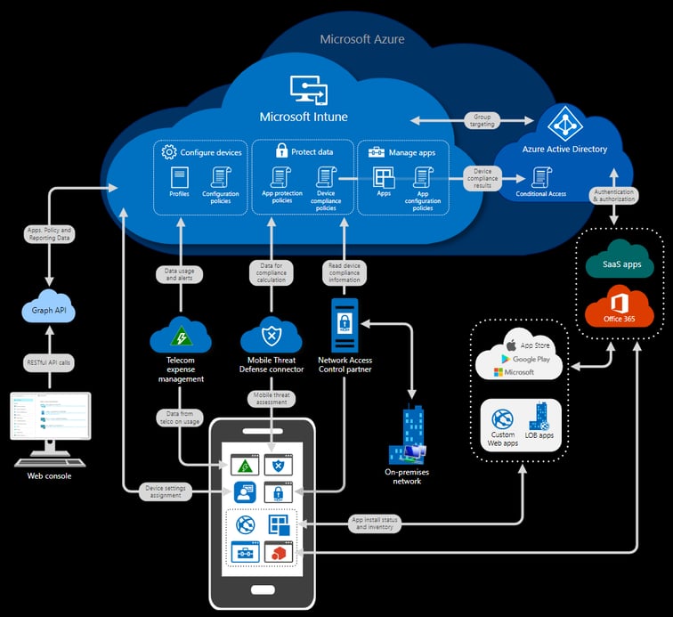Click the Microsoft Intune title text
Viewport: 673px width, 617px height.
click(304, 117)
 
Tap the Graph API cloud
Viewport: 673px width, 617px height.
click(48, 310)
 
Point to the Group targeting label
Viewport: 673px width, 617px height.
click(482, 120)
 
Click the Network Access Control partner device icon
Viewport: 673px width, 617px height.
click(345, 326)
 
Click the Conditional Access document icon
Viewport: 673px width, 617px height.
click(539, 176)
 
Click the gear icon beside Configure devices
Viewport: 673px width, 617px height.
click(169, 152)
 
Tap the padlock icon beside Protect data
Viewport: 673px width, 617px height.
click(281, 151)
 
